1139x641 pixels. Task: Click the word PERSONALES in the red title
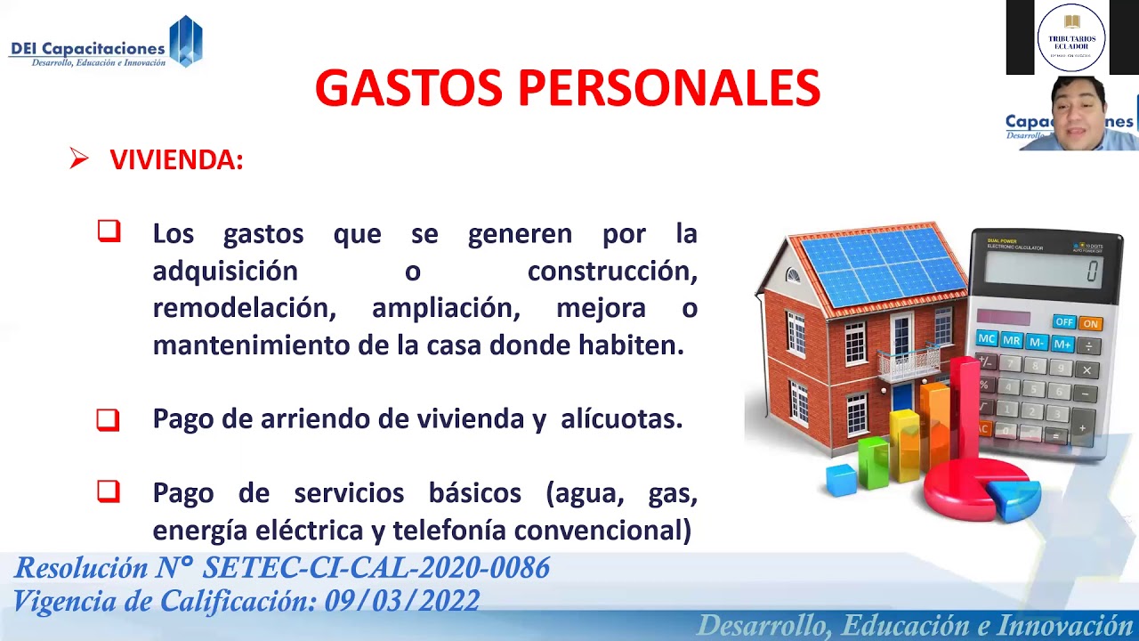(668, 88)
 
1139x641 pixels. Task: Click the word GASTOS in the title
(409, 88)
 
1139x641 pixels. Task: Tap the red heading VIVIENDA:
(176, 160)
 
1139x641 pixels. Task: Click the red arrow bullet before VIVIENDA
(79, 159)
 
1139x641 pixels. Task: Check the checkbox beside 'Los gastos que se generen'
(109, 231)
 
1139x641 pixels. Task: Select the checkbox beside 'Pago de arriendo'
(109, 418)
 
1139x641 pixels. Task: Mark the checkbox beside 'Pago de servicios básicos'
(109, 491)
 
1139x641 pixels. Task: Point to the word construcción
(612, 271)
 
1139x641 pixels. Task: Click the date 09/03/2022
(401, 601)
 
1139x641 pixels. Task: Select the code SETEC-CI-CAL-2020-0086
(376, 568)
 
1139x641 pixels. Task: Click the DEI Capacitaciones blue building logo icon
(185, 42)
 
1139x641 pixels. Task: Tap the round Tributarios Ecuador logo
(1071, 37)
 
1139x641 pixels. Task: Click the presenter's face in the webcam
(1075, 111)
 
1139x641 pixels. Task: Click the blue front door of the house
(902, 396)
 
